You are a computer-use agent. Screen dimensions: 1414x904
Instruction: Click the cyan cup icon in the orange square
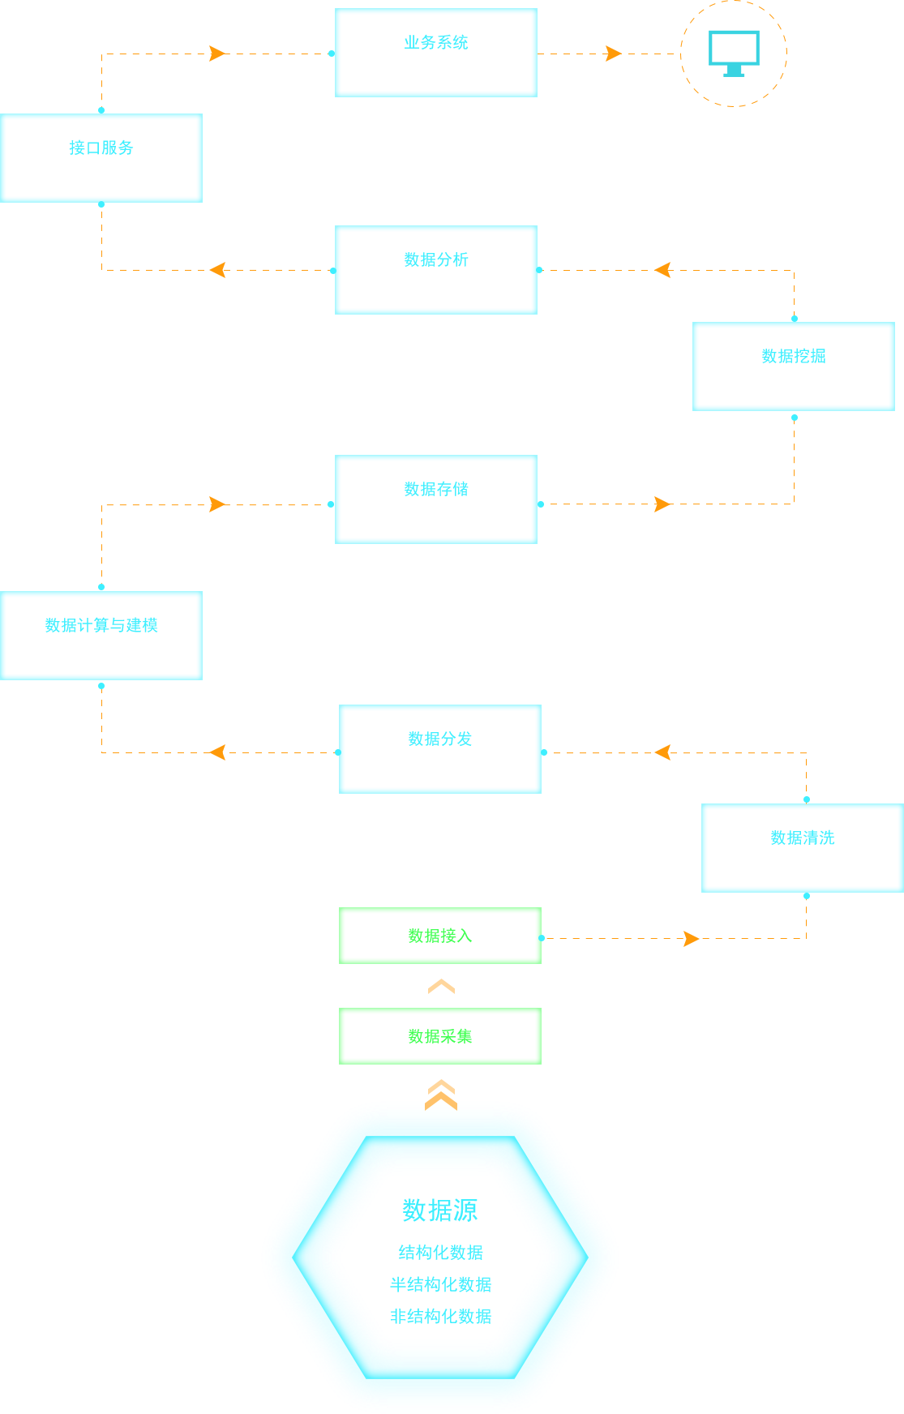coord(733,54)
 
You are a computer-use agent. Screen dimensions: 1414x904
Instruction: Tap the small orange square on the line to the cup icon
coord(614,54)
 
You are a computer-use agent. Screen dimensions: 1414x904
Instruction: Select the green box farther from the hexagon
coord(440,936)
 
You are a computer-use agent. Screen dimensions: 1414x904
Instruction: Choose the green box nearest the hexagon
coord(440,1036)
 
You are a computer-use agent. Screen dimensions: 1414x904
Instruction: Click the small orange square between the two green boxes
coord(441,986)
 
